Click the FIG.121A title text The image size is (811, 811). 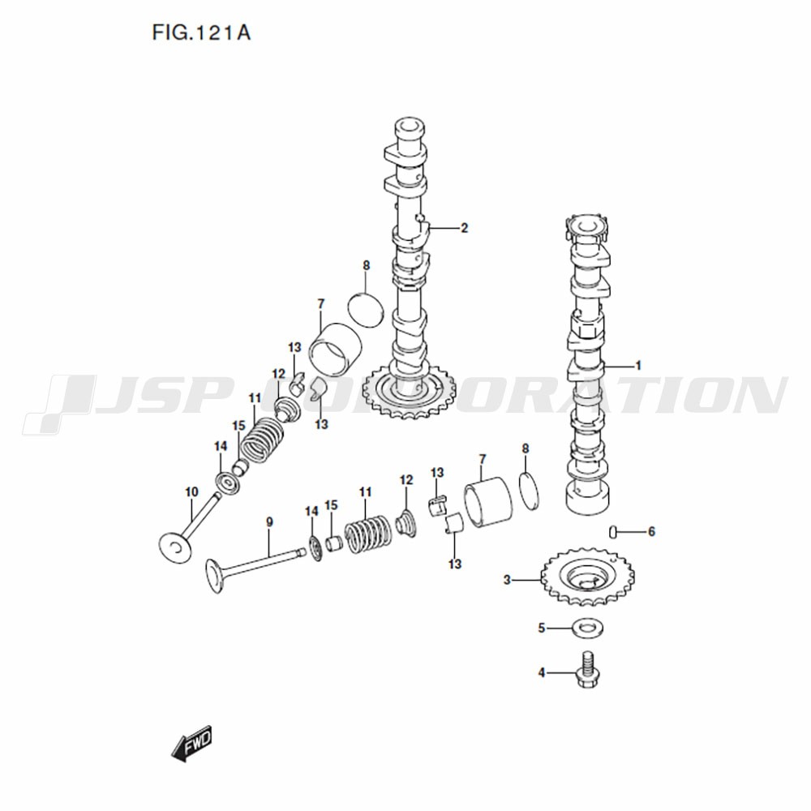click(201, 33)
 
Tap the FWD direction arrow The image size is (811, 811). click(192, 743)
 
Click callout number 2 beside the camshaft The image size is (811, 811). click(464, 228)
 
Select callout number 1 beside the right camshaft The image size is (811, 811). click(638, 366)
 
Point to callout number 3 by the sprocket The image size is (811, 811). click(507, 581)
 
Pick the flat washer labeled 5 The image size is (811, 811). click(587, 629)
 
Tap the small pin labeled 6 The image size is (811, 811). click(612, 531)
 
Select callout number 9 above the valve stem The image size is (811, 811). click(269, 522)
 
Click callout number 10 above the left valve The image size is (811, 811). click(191, 492)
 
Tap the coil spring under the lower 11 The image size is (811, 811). click(368, 534)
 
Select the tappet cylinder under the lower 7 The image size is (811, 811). click(487, 504)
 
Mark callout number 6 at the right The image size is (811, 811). click(652, 532)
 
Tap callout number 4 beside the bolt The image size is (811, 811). click(542, 673)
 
